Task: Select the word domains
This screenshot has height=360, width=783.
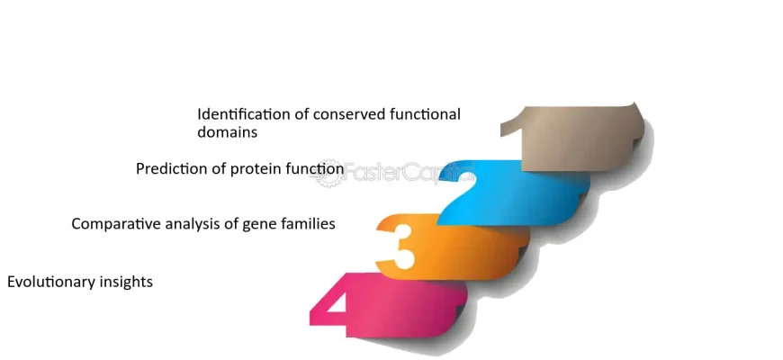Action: (227, 132)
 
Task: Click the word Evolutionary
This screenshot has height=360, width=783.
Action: (51, 282)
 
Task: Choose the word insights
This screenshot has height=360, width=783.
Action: (127, 282)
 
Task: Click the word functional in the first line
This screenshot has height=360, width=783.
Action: (426, 114)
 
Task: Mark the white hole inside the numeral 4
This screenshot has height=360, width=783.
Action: (337, 303)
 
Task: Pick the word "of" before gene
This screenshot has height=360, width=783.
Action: (231, 224)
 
